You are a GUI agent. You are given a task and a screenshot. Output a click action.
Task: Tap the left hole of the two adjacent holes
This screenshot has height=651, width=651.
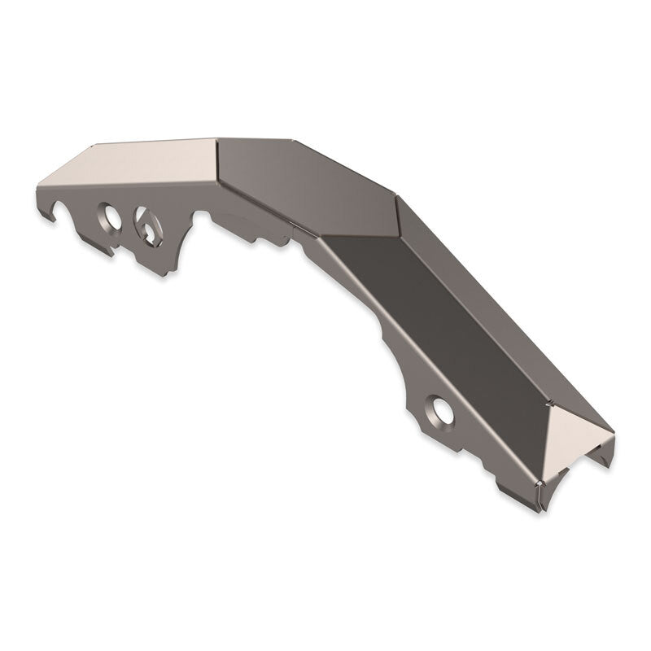point(107,216)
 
